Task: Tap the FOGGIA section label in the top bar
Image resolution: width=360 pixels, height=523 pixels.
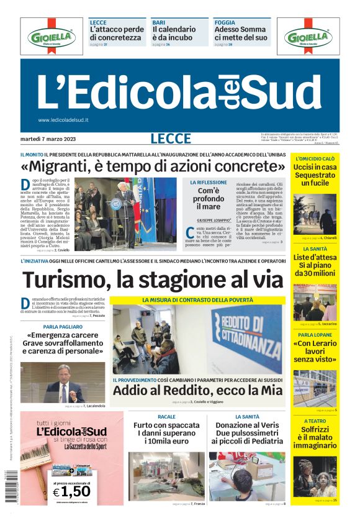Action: pyautogui.click(x=225, y=22)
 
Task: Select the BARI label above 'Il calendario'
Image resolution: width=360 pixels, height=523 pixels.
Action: pyautogui.click(x=158, y=22)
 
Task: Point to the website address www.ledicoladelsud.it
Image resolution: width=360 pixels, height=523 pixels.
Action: pyautogui.click(x=63, y=120)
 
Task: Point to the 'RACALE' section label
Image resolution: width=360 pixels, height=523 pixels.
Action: pyautogui.click(x=166, y=417)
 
